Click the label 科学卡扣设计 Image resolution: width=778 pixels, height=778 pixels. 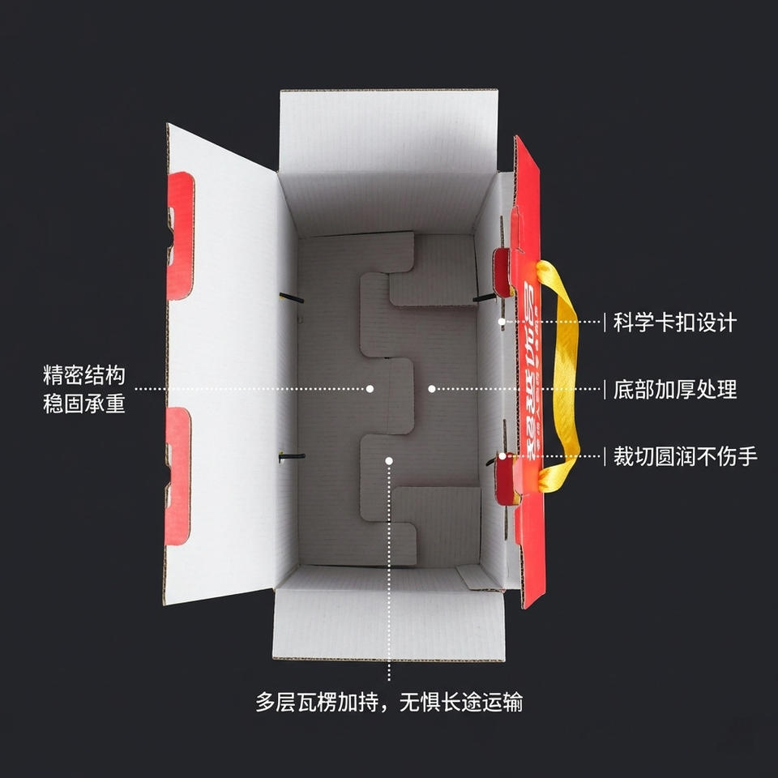click(674, 323)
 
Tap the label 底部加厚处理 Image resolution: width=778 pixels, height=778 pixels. click(674, 389)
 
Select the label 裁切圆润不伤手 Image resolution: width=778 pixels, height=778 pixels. click(685, 456)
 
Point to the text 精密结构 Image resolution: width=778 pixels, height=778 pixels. click(84, 376)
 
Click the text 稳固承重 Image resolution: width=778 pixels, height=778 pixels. click(84, 403)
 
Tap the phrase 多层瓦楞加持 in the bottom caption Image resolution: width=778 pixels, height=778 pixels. click(323, 702)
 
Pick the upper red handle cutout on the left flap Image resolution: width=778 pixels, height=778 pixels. click(180, 235)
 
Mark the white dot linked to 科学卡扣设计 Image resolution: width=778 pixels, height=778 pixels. click(502, 322)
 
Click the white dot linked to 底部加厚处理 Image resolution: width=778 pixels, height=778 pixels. click(432, 389)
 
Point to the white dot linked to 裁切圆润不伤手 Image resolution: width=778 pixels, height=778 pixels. click(502, 456)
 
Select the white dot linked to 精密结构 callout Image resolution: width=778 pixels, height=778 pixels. click(370, 389)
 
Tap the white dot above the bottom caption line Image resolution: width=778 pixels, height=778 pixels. click(389, 460)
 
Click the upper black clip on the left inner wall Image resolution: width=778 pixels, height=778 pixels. click(292, 298)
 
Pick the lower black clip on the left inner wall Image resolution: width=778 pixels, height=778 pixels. click(292, 456)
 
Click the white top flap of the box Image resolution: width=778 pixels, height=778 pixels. click(387, 130)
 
